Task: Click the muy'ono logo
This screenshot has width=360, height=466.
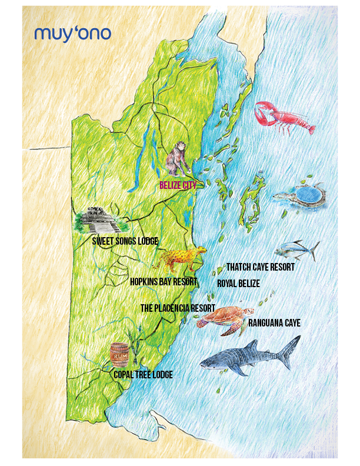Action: click(x=72, y=33)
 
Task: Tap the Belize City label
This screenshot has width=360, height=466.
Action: click(x=178, y=185)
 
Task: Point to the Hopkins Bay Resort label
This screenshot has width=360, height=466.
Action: click(x=163, y=282)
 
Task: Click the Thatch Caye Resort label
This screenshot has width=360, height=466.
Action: click(x=260, y=267)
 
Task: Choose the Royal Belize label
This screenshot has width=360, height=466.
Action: click(x=238, y=284)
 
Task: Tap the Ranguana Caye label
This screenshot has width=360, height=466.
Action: click(x=274, y=323)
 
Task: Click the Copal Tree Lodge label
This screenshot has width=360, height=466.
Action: click(x=144, y=374)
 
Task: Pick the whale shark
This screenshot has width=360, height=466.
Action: click(x=247, y=357)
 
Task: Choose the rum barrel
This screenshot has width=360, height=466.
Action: click(x=119, y=355)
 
